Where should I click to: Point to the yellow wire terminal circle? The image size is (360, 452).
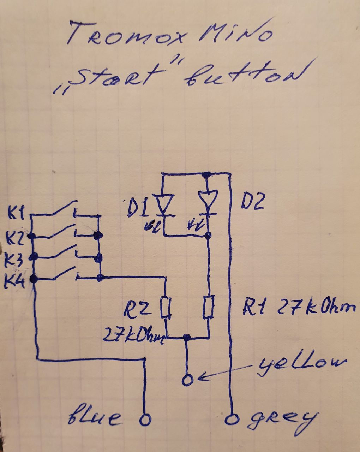coord(187,380)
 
